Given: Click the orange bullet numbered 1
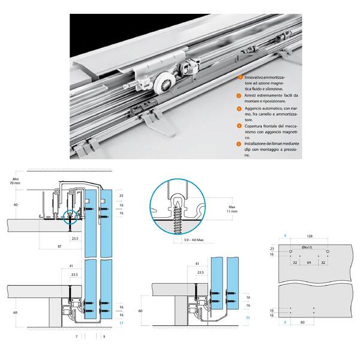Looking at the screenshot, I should coord(239,78).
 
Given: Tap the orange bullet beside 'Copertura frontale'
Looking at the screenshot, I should coord(239,126).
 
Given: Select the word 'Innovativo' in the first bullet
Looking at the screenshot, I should coord(254,78).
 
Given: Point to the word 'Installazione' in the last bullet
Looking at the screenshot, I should coord(257,144).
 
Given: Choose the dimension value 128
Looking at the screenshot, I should coord(309,236).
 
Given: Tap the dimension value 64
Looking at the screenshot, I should coord(308,262).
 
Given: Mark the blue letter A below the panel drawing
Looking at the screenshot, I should coord(286,322).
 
